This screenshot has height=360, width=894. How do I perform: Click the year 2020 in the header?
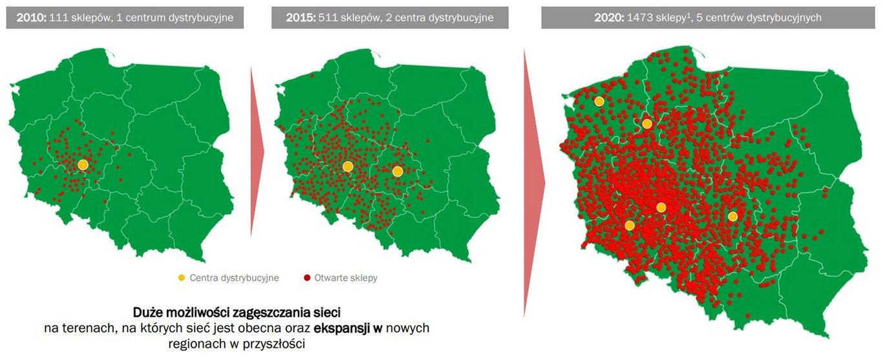click(x=608, y=17)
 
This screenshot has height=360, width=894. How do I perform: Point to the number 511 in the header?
click(x=329, y=17)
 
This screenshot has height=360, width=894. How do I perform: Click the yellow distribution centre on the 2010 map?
click(x=83, y=165)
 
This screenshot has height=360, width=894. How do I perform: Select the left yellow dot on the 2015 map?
click(x=348, y=166)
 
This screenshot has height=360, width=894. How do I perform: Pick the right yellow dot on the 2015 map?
click(x=398, y=171)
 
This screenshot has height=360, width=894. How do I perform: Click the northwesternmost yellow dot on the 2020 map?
click(x=599, y=101)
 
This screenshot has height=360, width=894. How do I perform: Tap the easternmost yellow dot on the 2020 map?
click(x=732, y=217)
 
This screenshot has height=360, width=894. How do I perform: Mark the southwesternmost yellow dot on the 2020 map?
click(x=630, y=226)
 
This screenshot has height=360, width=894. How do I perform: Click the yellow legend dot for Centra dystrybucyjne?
click(x=182, y=278)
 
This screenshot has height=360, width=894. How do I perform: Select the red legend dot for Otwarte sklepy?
click(x=306, y=278)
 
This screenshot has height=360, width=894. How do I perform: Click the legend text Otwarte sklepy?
click(x=346, y=278)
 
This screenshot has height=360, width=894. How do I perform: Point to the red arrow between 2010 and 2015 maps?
click(x=257, y=151)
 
